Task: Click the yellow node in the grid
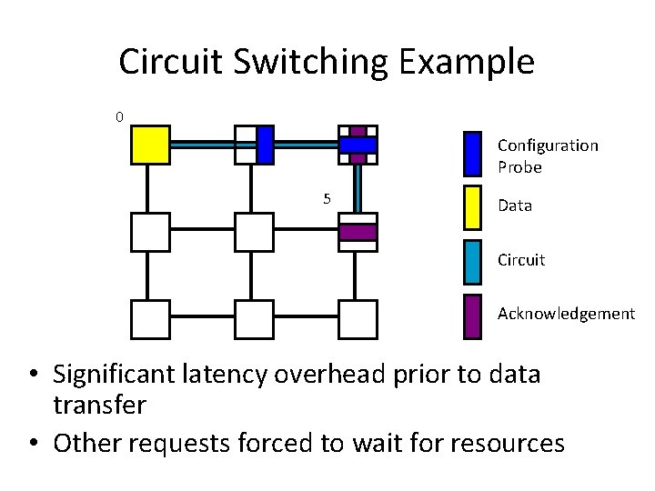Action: coord(150,145)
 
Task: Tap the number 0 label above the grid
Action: coord(119,116)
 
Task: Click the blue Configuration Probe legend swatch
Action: coord(472,153)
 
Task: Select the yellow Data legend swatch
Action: coord(472,206)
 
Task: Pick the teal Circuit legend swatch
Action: coord(472,261)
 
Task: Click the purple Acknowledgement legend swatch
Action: coord(472,316)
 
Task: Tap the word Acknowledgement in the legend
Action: coord(566,314)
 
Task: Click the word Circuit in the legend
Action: coord(520,260)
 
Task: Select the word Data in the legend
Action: coord(514,205)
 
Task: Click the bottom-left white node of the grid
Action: coord(150,318)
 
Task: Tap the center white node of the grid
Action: coord(254,232)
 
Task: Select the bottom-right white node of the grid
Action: coord(358,318)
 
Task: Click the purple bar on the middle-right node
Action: coord(358,232)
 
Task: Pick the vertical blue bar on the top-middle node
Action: coord(265,145)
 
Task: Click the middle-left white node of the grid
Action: coord(150,232)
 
